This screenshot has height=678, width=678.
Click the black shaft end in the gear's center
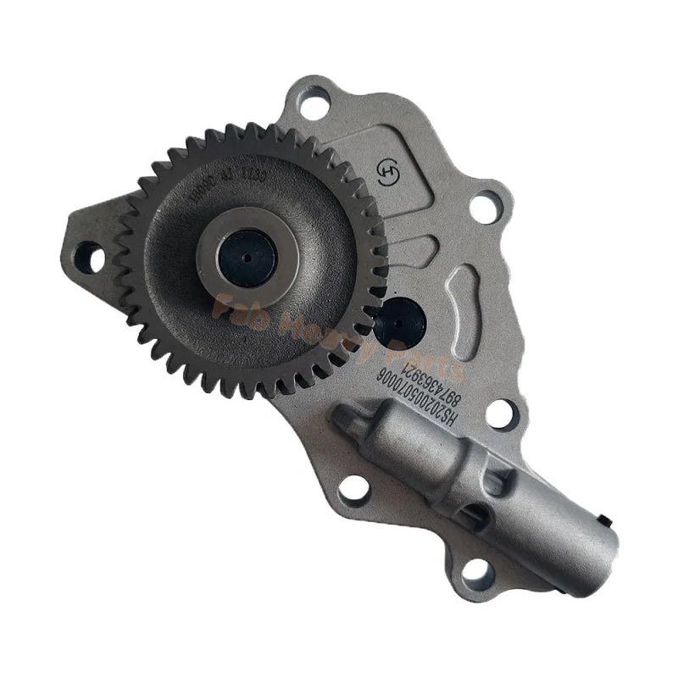(x=246, y=257)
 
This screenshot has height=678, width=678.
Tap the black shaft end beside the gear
(x=399, y=323)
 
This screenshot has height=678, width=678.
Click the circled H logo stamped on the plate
(x=386, y=171)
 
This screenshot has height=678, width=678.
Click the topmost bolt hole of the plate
(x=314, y=107)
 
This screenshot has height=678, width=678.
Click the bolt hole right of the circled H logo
(x=485, y=206)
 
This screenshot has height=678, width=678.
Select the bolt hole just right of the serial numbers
(x=502, y=413)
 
